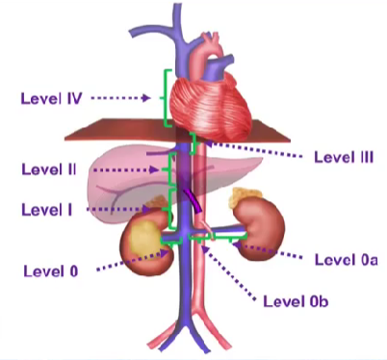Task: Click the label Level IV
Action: click(51, 98)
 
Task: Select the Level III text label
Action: click(344, 157)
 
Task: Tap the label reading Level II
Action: click(49, 169)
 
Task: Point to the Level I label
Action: click(47, 210)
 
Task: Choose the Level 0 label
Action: click(51, 271)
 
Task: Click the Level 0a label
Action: click(347, 260)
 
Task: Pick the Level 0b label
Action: click(296, 301)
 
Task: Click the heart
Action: click(210, 103)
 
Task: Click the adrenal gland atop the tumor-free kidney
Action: click(245, 196)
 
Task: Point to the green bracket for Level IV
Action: click(165, 98)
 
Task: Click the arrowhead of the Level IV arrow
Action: click(147, 98)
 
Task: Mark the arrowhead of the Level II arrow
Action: click(155, 169)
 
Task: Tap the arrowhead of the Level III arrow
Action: click(208, 143)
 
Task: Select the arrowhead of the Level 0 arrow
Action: click(165, 253)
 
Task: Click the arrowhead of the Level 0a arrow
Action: click(236, 245)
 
